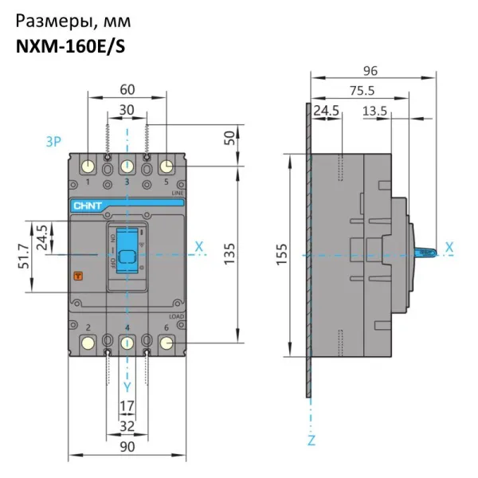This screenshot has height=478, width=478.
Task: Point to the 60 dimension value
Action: [x=127, y=90]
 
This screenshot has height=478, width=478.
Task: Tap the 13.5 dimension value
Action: [x=375, y=109]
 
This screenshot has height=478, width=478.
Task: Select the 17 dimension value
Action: [x=127, y=406]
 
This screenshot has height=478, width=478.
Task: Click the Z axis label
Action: [x=311, y=440]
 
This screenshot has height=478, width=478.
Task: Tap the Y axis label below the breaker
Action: [x=127, y=386]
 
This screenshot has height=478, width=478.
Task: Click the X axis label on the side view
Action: [x=450, y=248]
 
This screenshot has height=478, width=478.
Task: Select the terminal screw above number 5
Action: [x=167, y=167]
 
